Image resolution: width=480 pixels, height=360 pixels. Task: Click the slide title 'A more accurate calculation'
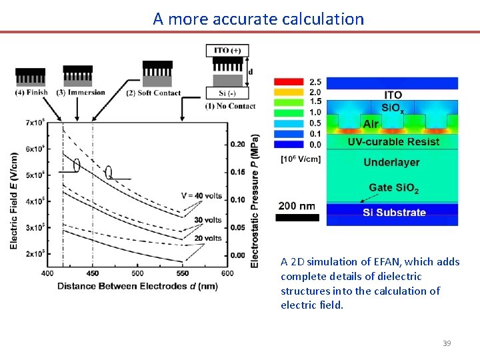pyautogui.click(x=258, y=19)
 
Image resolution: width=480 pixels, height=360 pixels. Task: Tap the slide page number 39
pyautogui.click(x=447, y=343)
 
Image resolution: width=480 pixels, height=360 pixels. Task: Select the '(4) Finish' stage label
pyautogui.click(x=31, y=92)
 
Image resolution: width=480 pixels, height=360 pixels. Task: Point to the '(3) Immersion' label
pyautogui.click(x=81, y=92)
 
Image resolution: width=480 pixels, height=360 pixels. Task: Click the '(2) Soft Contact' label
pyautogui.click(x=153, y=93)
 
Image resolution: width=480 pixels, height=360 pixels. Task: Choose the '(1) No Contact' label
pyautogui.click(x=231, y=106)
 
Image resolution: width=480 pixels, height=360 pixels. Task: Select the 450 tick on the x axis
pyautogui.click(x=92, y=273)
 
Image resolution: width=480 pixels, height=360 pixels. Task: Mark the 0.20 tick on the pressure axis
pyautogui.click(x=237, y=144)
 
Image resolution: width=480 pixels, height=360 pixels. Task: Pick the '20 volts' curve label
pyautogui.click(x=208, y=238)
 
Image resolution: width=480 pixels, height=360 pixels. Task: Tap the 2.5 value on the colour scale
pyautogui.click(x=315, y=82)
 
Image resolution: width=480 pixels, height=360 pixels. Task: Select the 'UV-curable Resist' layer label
pyautogui.click(x=393, y=141)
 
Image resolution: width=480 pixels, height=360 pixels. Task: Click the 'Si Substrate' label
pyautogui.click(x=393, y=213)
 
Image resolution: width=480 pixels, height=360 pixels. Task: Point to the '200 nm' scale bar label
pyautogui.click(x=297, y=206)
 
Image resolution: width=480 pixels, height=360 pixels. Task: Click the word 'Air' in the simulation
pyautogui.click(x=371, y=124)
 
